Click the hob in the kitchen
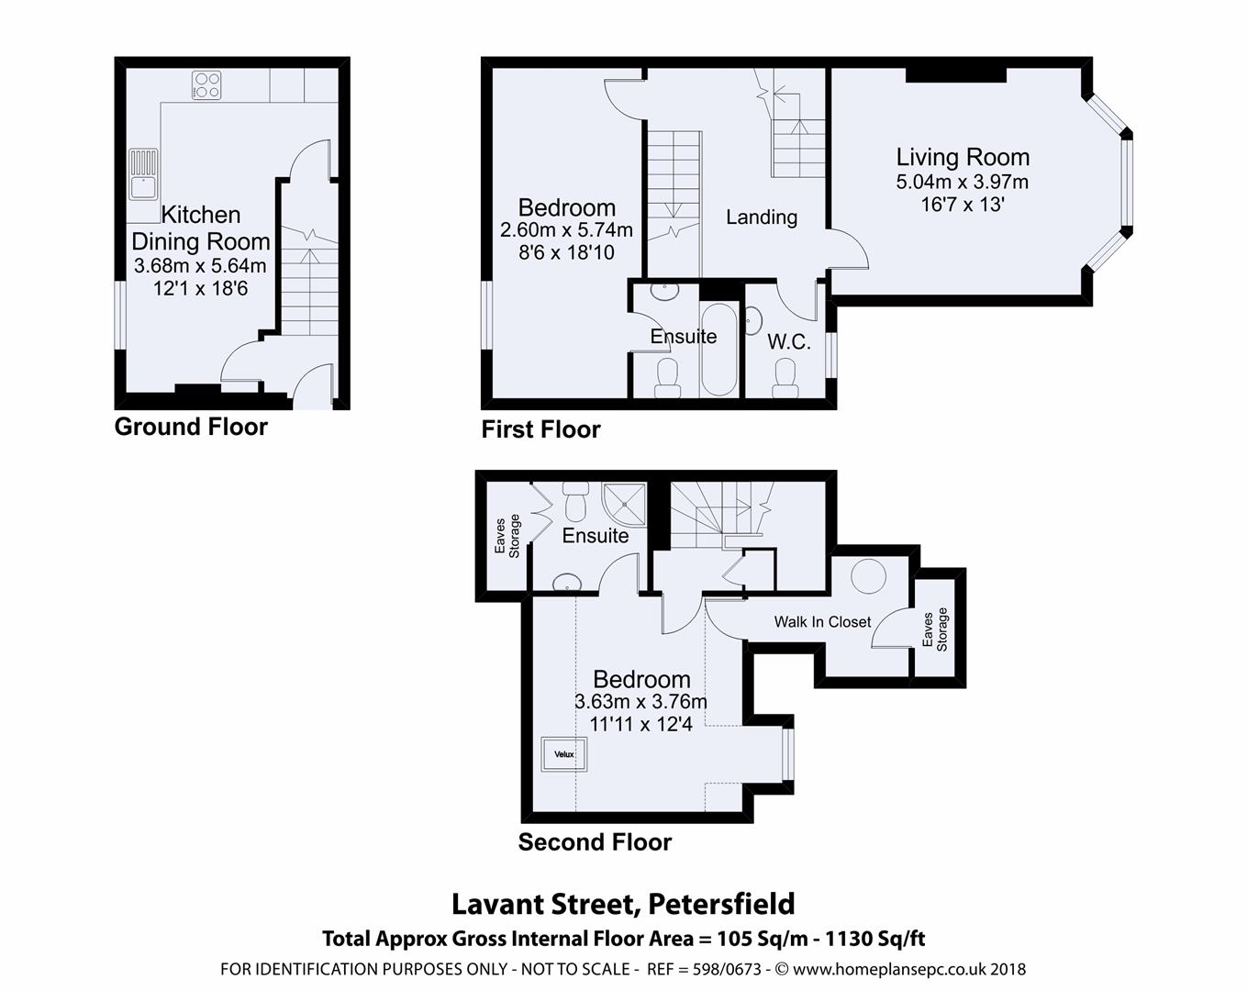[x=206, y=85]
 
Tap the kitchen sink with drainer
[x=143, y=175]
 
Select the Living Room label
[x=963, y=157]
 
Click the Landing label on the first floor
[x=761, y=217]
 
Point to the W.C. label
[x=788, y=342]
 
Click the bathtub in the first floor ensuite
[x=719, y=351]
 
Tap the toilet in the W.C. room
[x=785, y=376]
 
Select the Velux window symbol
[x=563, y=754]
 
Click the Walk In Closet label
[x=822, y=622]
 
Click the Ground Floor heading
[x=191, y=427]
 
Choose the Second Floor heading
[x=595, y=842]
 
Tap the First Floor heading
[x=540, y=429]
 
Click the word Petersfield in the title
[x=721, y=904]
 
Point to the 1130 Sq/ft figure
[x=875, y=939]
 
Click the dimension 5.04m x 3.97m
[x=963, y=182]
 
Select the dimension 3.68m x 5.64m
[x=200, y=266]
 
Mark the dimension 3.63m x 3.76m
[x=640, y=702]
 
